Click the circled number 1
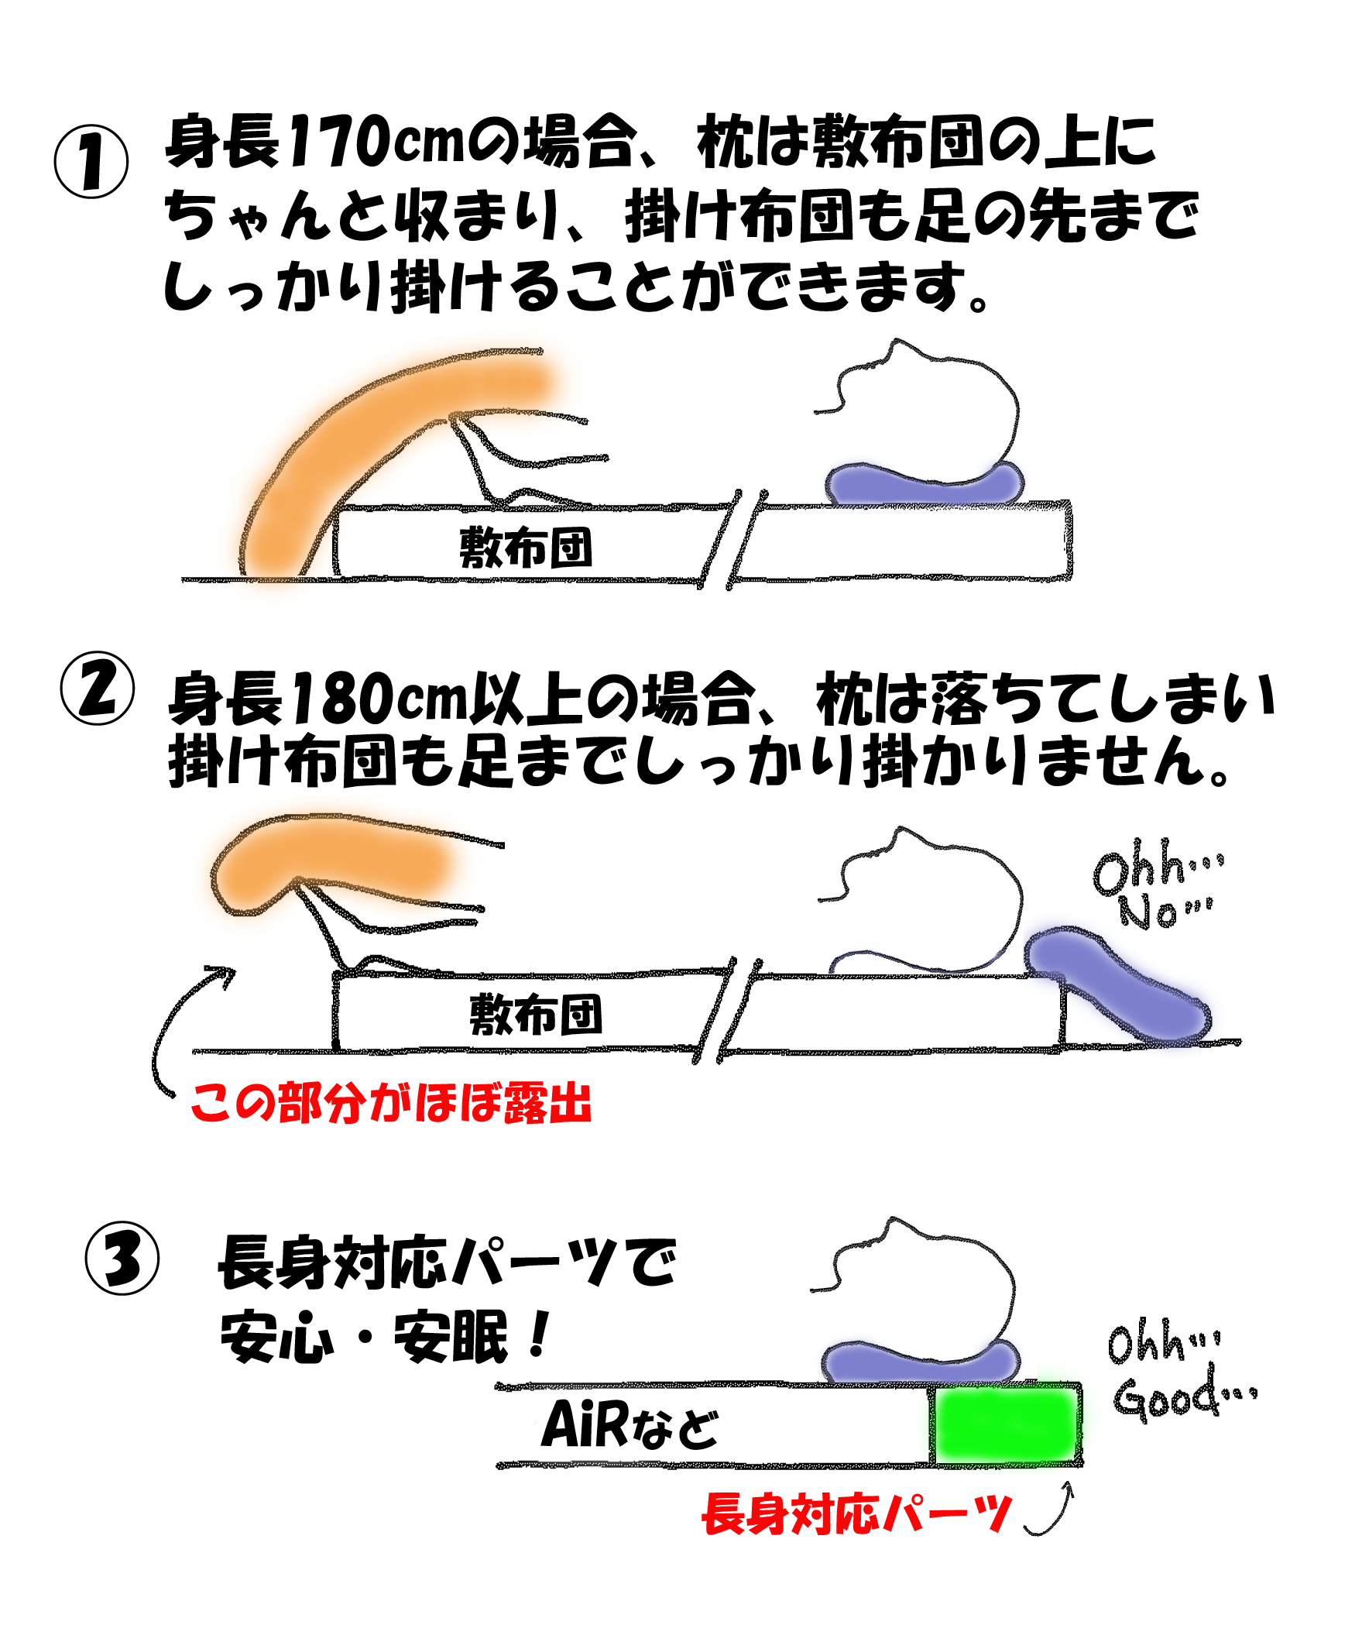pyautogui.click(x=91, y=162)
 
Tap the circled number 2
pyautogui.click(x=97, y=688)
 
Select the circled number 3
pyautogui.click(x=122, y=1258)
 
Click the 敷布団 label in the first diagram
pyautogui.click(x=526, y=547)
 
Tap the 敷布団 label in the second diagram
pyautogui.click(x=536, y=1015)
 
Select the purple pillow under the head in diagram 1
pyautogui.click(x=925, y=483)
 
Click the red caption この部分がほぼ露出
pyautogui.click(x=391, y=1103)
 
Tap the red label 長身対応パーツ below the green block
pyautogui.click(x=857, y=1514)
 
